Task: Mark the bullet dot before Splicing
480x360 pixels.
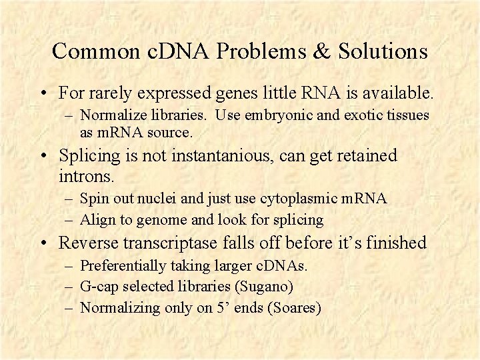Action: coord(44,157)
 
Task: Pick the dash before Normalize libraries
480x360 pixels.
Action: coord(70,116)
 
